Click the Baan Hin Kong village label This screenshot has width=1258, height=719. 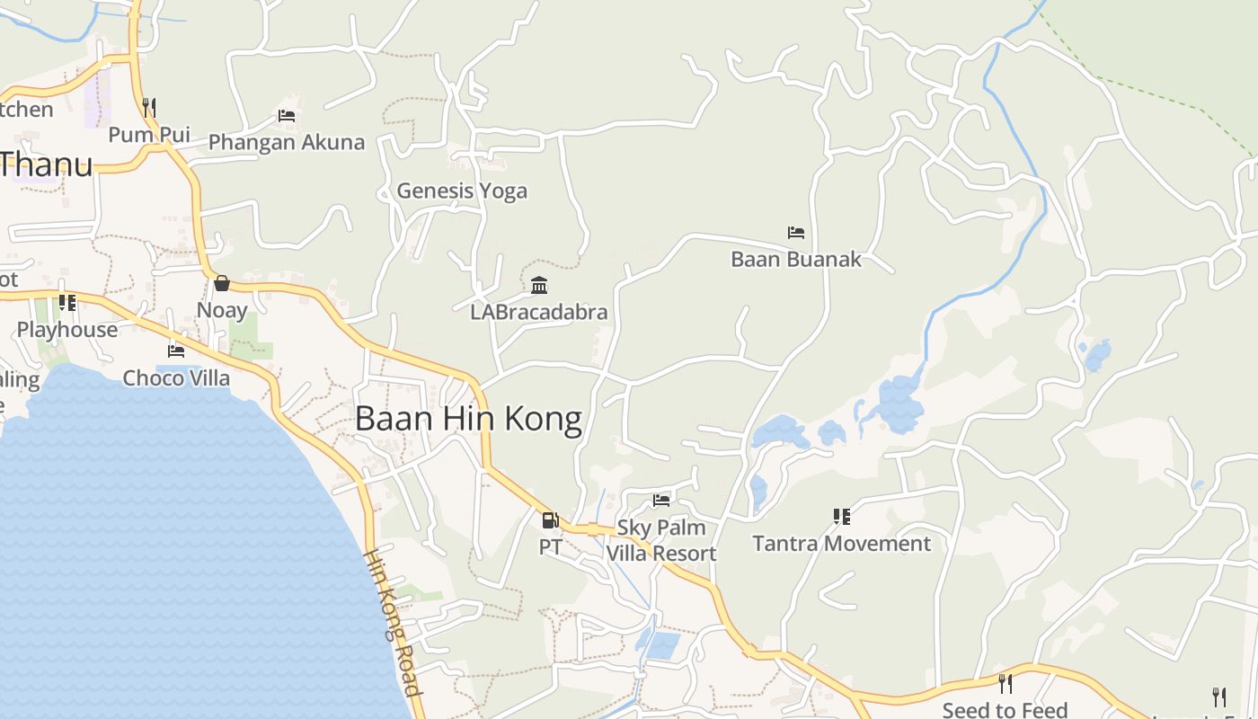tap(468, 420)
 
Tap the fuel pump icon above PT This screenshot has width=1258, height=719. tap(550, 519)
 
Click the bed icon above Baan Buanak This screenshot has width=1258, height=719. tap(796, 233)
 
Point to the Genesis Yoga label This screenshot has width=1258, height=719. tap(462, 191)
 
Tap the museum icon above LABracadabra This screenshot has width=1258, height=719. tap(539, 286)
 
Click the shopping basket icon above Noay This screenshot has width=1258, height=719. tap(222, 284)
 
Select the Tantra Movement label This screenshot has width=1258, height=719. tap(842, 544)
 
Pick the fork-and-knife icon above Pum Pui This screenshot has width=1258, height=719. tap(149, 108)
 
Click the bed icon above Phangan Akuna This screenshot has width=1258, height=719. tap(287, 116)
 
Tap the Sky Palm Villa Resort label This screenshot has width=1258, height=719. tap(661, 540)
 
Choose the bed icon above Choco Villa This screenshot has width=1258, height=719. tap(176, 351)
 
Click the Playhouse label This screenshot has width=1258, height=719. tap(67, 330)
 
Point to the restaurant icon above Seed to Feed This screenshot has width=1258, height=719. tap(1005, 684)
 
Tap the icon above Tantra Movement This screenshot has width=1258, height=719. tap(842, 517)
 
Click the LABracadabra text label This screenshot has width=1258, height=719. tap(539, 313)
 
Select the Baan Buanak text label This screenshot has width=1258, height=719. tap(796, 260)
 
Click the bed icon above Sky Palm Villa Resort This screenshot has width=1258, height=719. tap(661, 501)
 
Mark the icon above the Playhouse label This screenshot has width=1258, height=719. tap(67, 303)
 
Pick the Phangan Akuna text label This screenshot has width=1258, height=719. tap(287, 142)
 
